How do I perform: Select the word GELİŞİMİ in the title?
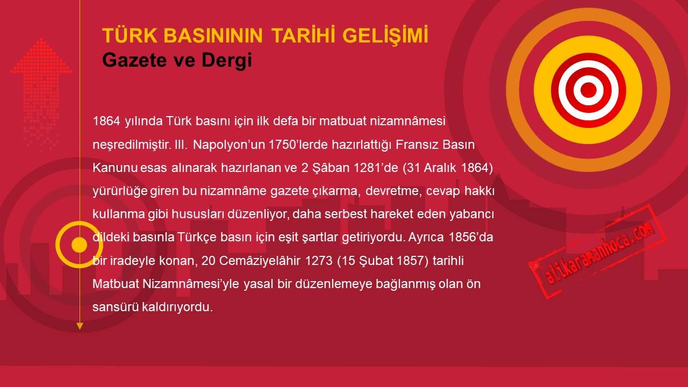pyautogui.click(x=385, y=35)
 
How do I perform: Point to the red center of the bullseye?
pyautogui.click(x=588, y=90)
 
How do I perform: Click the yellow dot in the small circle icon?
pyautogui.click(x=79, y=245)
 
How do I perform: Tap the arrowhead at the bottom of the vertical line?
pyautogui.click(x=80, y=326)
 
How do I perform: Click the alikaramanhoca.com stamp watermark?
pyautogui.click(x=597, y=251)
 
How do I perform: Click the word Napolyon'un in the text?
pyautogui.click(x=229, y=145)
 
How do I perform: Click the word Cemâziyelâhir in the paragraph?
pyautogui.click(x=260, y=261)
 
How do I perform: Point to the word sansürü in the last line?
pyautogui.click(x=116, y=307)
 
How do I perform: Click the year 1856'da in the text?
pyautogui.click(x=471, y=238)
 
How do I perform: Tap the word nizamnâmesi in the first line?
pyautogui.click(x=407, y=121)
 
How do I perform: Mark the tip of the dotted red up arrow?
pyautogui.click(x=41, y=38)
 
